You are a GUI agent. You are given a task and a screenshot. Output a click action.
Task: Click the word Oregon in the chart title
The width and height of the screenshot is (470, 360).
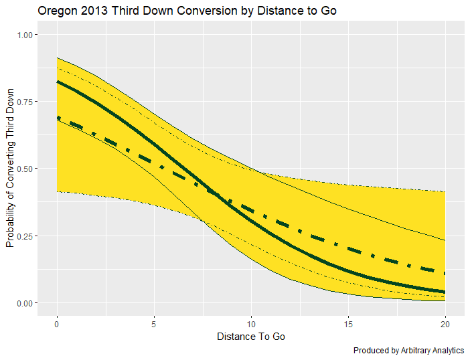click(57, 11)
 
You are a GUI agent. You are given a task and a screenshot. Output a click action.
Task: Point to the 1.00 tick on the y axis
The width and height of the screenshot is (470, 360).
click(27, 34)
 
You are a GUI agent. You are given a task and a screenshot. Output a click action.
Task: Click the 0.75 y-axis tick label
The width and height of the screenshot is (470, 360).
click(27, 101)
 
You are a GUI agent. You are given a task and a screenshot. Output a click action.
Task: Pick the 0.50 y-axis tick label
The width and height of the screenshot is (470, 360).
click(27, 169)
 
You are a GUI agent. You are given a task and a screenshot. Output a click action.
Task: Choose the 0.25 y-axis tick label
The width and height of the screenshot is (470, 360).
click(27, 236)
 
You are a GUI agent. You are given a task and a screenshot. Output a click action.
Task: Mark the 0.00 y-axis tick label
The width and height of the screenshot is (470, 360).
click(27, 303)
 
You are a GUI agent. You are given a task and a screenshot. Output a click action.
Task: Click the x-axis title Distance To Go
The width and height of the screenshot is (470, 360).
click(251, 337)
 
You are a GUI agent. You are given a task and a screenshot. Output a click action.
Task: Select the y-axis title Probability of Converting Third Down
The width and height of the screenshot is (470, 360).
click(10, 169)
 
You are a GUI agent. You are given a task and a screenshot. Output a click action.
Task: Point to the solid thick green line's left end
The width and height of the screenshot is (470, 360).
click(58, 82)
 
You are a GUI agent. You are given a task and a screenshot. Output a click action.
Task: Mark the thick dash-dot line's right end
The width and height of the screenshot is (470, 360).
click(445, 273)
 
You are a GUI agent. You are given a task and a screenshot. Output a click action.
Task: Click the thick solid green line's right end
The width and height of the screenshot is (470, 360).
click(445, 292)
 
